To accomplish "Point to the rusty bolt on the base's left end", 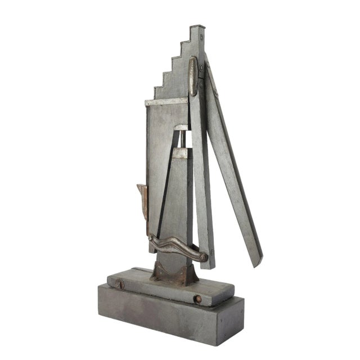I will (120, 285).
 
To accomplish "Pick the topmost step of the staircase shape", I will (195, 29).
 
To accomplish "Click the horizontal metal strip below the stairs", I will (166, 102).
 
